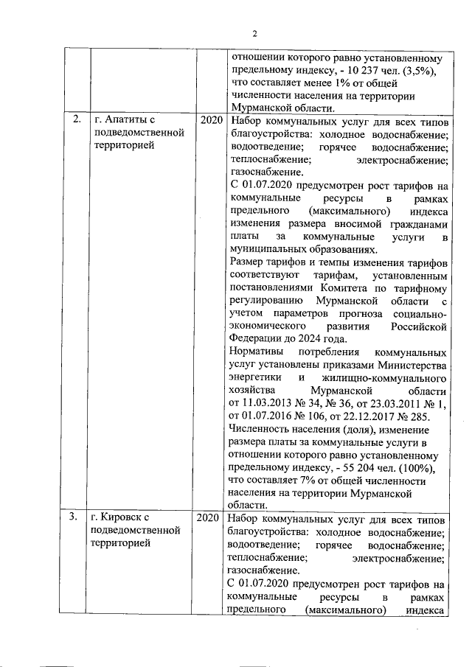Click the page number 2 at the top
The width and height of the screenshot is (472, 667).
point(254,33)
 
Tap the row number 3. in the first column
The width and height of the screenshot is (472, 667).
point(74,517)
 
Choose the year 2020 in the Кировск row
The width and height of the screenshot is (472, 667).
point(209,517)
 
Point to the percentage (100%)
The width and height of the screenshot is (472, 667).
point(422,469)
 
